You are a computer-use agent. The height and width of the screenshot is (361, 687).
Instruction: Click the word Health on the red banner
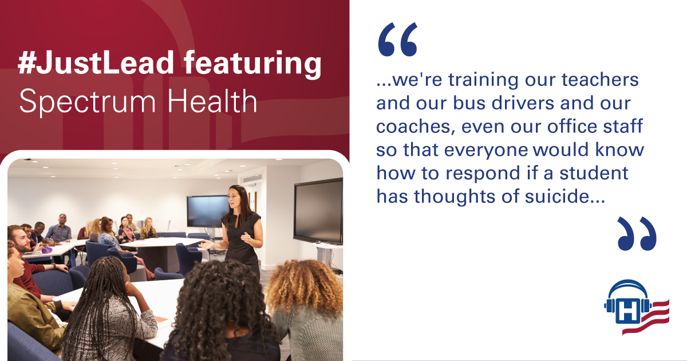(212, 100)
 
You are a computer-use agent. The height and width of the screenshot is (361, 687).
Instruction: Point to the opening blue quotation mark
(398, 40)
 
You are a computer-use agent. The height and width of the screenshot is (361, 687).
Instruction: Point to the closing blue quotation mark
(637, 234)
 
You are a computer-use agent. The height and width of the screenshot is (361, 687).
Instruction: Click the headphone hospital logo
(637, 307)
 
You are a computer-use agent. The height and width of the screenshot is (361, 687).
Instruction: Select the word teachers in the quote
(600, 80)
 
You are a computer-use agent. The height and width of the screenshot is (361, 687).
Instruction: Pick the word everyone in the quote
(486, 150)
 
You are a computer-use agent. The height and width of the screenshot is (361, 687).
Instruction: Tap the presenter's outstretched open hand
(206, 245)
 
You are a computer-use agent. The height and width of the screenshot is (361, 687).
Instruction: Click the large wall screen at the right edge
(318, 211)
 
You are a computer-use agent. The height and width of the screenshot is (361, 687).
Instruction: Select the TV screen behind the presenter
(207, 211)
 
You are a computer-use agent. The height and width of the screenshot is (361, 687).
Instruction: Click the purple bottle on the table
(46, 250)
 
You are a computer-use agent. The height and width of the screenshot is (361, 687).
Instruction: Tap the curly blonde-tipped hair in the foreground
(305, 285)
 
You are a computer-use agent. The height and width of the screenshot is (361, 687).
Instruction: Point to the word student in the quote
(594, 173)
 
